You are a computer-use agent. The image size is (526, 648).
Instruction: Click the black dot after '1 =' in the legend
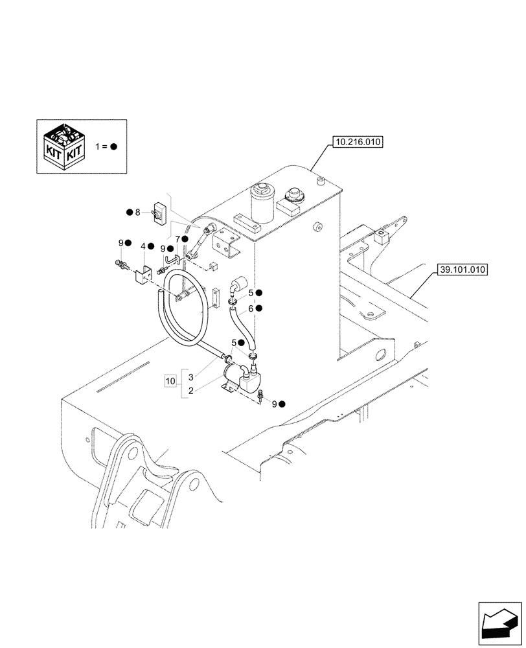(113, 146)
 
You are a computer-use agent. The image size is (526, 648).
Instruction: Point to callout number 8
(137, 212)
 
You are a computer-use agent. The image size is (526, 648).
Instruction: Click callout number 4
(143, 247)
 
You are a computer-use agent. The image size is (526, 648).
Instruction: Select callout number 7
(177, 239)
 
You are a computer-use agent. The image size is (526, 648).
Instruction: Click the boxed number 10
(170, 380)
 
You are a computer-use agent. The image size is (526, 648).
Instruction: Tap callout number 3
(191, 376)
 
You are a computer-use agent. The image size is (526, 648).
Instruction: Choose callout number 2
(191, 391)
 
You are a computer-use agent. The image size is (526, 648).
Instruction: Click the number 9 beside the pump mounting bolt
(274, 404)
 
